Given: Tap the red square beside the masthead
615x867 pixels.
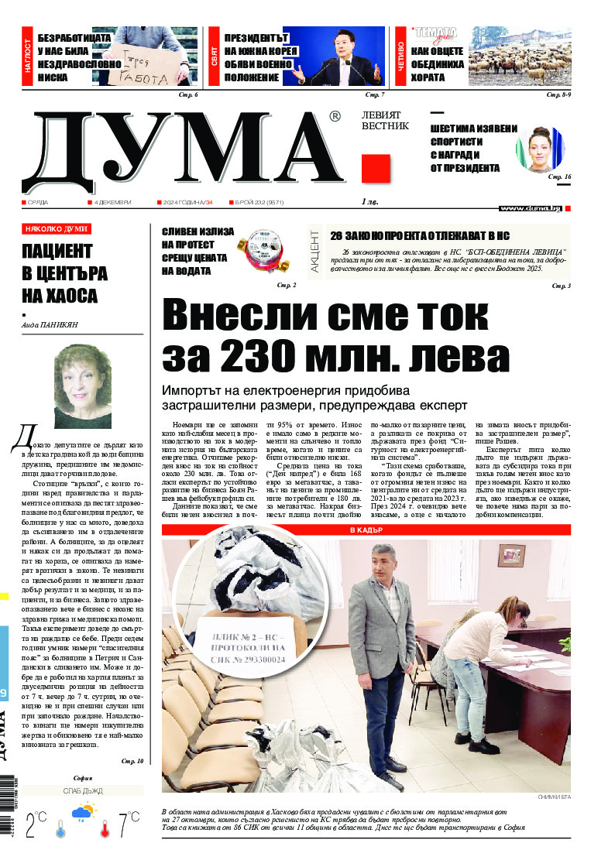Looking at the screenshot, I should (375, 167).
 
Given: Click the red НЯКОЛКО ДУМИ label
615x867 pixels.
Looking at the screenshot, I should (57, 229).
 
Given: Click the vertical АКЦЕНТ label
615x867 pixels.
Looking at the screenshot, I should (314, 251).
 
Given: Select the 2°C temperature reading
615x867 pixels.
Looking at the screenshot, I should (36, 826).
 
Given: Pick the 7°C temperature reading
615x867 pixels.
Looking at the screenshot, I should (129, 826).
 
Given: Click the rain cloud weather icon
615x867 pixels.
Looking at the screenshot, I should (83, 812).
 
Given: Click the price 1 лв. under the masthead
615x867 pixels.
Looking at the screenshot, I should (369, 202).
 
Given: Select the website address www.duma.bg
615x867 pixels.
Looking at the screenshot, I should (530, 208).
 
